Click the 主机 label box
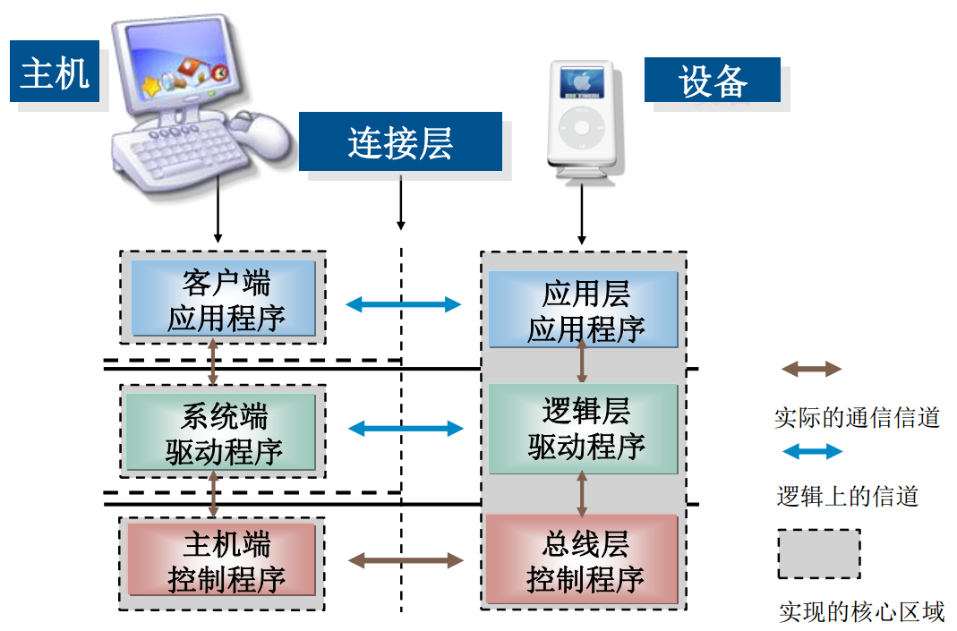click(x=54, y=71)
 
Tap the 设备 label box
click(x=713, y=81)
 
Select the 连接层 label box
click(x=400, y=141)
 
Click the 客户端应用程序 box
click(x=224, y=299)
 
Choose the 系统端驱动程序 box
click(x=222, y=432)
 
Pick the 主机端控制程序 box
click(x=222, y=560)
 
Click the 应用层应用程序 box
click(x=584, y=310)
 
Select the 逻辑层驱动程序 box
click(x=584, y=429)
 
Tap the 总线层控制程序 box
click(x=584, y=560)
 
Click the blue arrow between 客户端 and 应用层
click(x=403, y=304)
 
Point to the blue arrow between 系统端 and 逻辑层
click(x=405, y=429)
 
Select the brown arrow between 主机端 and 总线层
click(x=405, y=561)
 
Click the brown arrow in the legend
click(x=811, y=369)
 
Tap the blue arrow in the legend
click(x=811, y=452)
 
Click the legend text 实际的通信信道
click(x=857, y=417)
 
